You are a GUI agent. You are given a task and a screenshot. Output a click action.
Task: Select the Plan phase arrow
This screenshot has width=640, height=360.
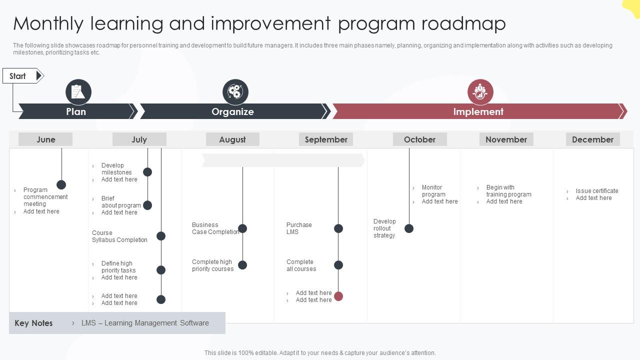point(76,111)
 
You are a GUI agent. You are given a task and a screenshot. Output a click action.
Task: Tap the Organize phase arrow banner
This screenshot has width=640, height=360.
point(233,111)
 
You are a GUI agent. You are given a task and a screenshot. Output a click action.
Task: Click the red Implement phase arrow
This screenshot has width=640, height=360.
point(478,111)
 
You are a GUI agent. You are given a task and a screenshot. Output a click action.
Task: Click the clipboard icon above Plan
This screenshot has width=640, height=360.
point(78,92)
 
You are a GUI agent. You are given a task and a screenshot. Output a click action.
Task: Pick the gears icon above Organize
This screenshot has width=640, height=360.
point(235,92)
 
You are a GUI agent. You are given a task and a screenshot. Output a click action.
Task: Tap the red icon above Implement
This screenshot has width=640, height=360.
point(480,92)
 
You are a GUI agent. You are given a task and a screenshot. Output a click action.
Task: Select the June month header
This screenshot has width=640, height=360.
point(45,139)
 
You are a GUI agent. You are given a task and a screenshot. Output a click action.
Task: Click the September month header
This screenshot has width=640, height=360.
point(326,139)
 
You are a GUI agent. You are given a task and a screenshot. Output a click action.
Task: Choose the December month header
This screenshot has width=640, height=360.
point(592,139)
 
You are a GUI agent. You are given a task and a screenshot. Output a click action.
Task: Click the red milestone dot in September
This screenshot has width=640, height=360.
point(338,296)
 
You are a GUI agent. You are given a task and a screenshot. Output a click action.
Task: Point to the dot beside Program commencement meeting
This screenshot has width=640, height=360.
point(61,185)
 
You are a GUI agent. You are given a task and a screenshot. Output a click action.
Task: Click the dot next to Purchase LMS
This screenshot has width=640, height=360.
point(338,228)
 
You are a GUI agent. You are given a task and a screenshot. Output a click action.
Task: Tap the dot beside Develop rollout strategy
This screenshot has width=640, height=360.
point(409,228)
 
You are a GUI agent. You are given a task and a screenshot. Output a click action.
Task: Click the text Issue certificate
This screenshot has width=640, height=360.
point(596,191)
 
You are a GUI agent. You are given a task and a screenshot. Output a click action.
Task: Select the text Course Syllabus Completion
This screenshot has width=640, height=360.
point(119,236)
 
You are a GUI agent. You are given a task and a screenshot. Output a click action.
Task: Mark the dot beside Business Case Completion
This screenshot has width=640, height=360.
point(242,228)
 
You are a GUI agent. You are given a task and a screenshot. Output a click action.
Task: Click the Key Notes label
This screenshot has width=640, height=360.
point(33,323)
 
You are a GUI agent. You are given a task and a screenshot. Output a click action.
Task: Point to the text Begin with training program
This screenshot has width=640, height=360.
point(508,191)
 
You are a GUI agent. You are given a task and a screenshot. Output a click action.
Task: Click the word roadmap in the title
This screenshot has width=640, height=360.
point(463,23)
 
